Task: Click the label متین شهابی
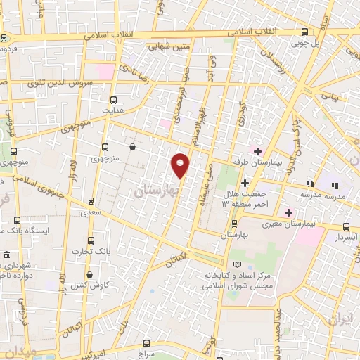tap(169, 46)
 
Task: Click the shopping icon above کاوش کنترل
tap(89, 275)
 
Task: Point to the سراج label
tap(146, 354)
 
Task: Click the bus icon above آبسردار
tap(346, 226)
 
